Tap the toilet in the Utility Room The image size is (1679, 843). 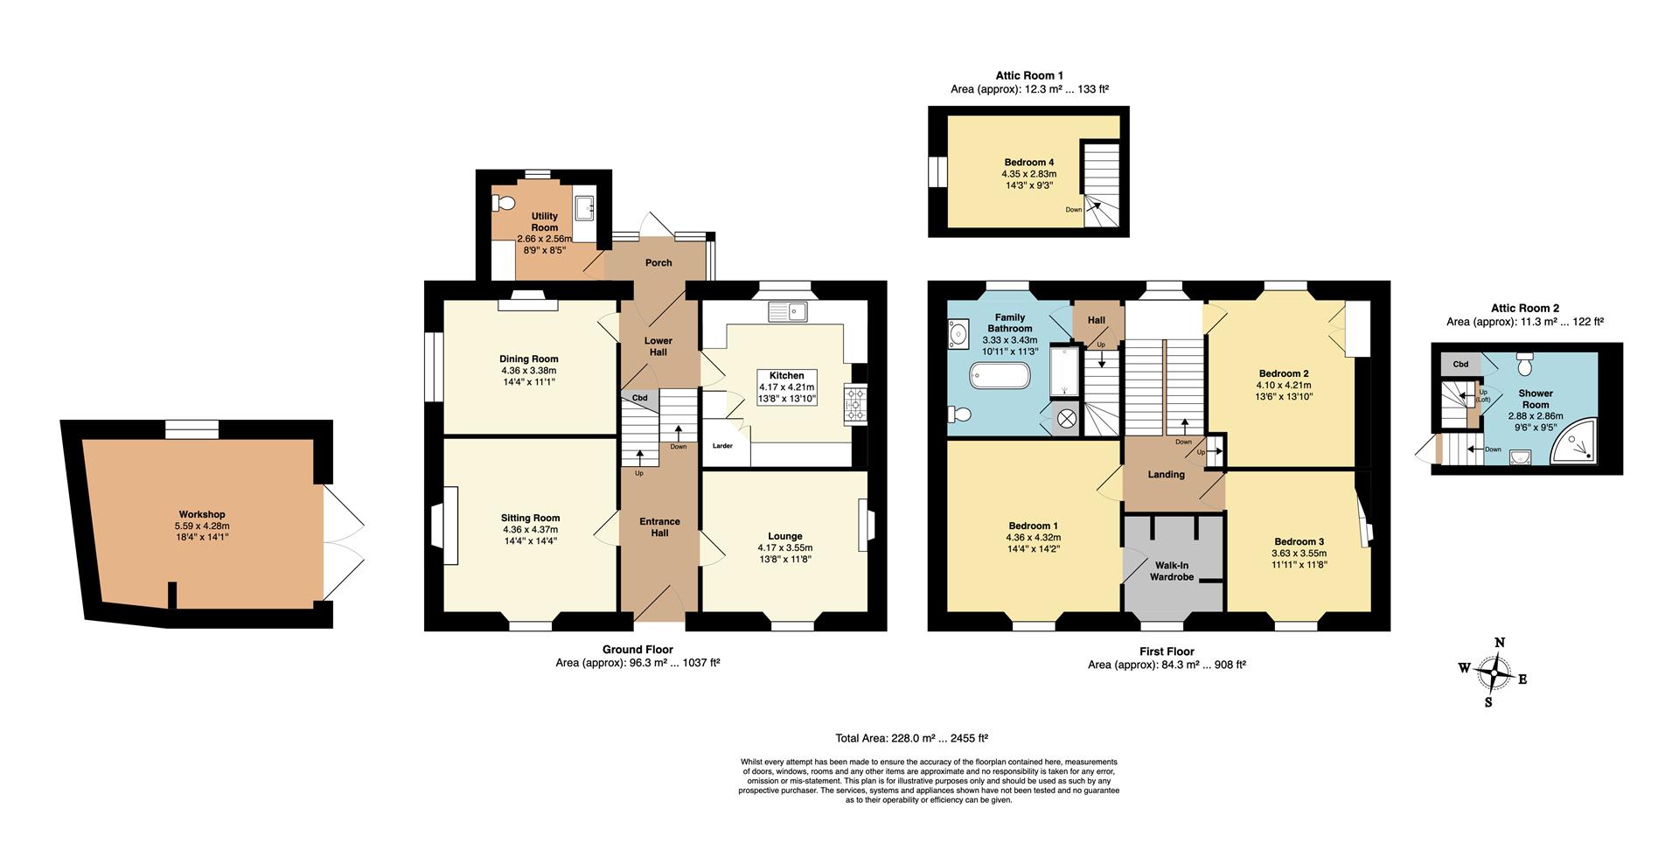point(503,204)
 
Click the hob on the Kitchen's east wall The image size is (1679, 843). point(853,405)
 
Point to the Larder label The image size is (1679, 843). point(722,446)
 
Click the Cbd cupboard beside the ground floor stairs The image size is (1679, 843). point(639,399)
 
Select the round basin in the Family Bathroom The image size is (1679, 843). point(959,333)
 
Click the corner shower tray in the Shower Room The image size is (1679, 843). point(1573,440)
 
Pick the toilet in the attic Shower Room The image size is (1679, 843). point(1525,362)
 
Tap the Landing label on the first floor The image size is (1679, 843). point(1166,475)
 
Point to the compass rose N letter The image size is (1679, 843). point(1500,643)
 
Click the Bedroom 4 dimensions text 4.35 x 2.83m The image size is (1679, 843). point(1029,174)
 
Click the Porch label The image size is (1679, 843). point(658,262)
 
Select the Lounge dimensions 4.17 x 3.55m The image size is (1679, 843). point(785,548)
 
